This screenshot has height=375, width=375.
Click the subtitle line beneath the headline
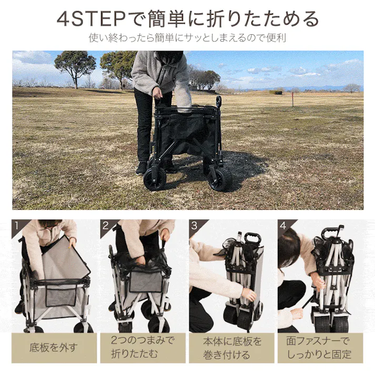187,38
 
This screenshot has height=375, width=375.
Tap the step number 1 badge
17,226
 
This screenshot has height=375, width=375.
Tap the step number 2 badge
106,226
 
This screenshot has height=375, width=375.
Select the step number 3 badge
195,226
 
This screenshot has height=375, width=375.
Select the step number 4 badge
283,226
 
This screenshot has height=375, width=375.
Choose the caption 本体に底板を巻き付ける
232,348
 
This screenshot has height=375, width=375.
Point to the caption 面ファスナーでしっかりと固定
320,348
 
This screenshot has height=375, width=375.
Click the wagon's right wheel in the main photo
220,179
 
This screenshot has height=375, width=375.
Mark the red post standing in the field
292,99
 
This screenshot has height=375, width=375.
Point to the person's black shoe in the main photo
141,168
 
